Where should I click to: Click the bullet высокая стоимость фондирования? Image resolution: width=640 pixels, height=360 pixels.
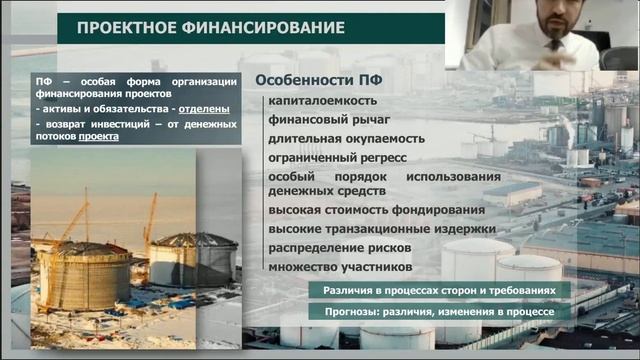[x=376, y=210]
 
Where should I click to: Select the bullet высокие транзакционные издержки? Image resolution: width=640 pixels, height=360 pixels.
[x=381, y=228]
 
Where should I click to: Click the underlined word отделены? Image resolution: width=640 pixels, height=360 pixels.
[x=205, y=108]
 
